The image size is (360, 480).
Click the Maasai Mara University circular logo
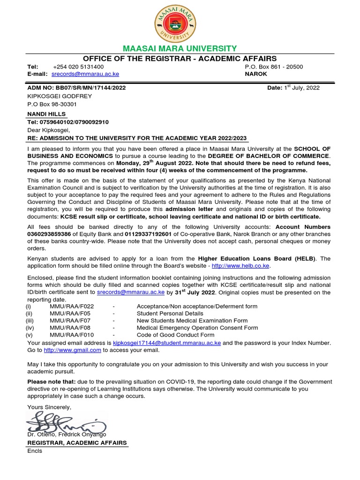(180, 23)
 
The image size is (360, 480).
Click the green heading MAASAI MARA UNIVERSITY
(180, 49)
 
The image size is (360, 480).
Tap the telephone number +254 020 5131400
(78, 67)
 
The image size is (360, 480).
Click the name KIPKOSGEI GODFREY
(60, 96)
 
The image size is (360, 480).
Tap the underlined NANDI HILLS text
(46, 114)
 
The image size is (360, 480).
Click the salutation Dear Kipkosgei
(49, 130)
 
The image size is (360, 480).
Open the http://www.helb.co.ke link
(241, 266)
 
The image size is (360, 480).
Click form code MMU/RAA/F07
(69, 321)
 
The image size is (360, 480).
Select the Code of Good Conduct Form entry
(175, 335)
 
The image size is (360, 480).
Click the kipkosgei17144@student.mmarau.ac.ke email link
(167, 343)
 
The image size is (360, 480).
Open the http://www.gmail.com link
(72, 350)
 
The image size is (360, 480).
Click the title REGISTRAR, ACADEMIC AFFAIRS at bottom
(77, 442)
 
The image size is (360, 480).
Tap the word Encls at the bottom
(35, 451)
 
